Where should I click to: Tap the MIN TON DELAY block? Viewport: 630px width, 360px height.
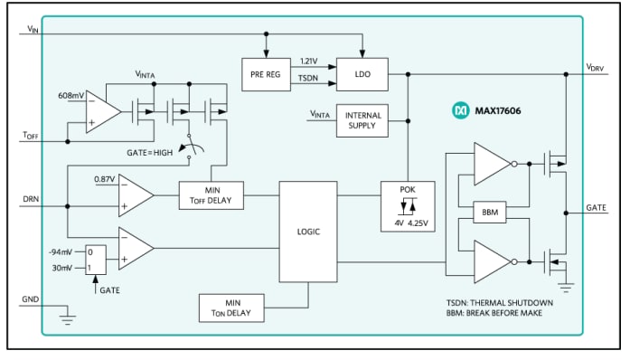pos(230,308)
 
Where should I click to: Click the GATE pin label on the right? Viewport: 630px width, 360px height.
pos(596,207)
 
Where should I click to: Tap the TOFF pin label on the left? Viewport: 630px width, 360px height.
pos(31,135)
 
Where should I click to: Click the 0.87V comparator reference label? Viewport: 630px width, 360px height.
pos(105,178)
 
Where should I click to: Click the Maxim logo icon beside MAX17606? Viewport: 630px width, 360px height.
pos(459,110)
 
